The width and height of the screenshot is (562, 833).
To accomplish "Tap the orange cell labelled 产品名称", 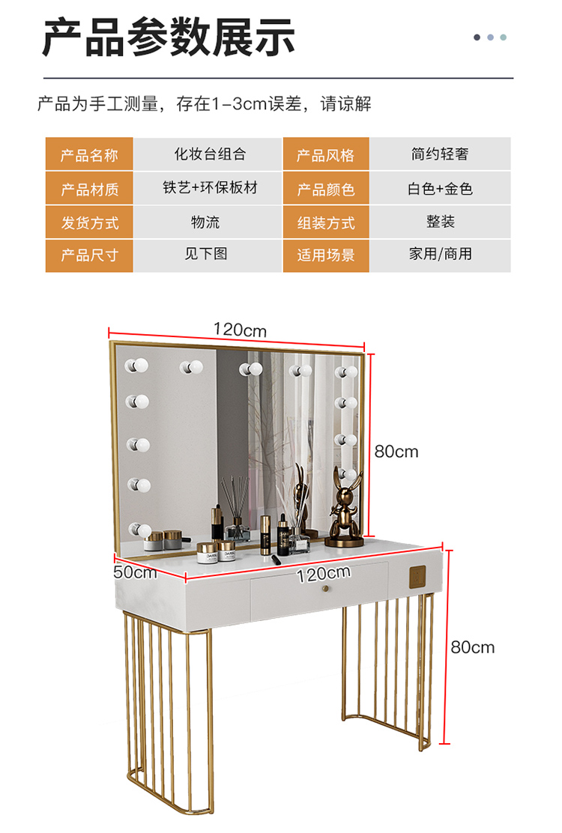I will [x=89, y=156].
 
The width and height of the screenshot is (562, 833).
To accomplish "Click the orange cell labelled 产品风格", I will [x=326, y=156].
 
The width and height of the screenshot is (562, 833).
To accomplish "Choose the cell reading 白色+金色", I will [x=440, y=189].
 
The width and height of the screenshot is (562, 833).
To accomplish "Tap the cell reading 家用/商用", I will [x=440, y=254].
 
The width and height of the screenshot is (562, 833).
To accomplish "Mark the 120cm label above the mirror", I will [x=240, y=330].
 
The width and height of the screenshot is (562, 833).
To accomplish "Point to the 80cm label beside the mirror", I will [x=396, y=452].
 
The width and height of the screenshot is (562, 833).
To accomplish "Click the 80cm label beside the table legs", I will [x=473, y=646].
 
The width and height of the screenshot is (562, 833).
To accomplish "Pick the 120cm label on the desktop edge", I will [x=324, y=573].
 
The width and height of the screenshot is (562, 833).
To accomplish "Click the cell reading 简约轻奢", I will [x=440, y=154].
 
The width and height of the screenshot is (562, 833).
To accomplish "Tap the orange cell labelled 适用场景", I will [x=326, y=255].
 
